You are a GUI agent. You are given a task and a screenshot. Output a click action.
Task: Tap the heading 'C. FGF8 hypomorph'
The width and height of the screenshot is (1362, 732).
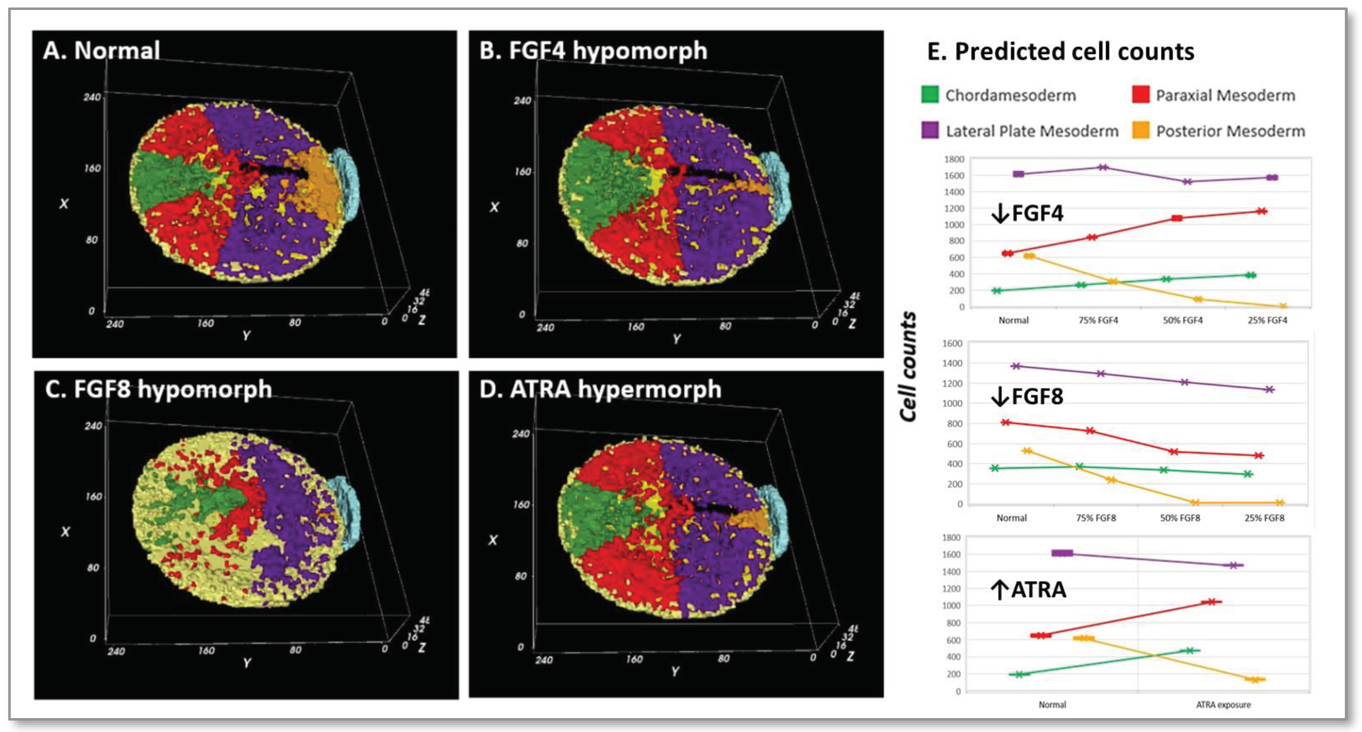pos(158,389)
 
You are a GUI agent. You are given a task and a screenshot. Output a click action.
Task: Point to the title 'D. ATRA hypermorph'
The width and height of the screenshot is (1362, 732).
pos(600,389)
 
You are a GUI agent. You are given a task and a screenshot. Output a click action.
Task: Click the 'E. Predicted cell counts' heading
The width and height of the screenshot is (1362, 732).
pos(1060,52)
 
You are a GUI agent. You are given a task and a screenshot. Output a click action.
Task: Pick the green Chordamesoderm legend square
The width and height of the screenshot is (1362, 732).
pos(930,95)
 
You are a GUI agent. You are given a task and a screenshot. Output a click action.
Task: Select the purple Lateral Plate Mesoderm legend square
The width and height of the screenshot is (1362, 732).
pos(930,130)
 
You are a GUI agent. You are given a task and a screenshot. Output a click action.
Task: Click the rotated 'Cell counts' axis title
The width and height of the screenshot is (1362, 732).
pos(908,366)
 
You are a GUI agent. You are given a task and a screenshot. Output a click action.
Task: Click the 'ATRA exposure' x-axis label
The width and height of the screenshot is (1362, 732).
pos(1223,705)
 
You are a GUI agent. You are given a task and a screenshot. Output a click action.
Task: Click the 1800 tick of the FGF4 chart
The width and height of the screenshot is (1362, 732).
pos(954,159)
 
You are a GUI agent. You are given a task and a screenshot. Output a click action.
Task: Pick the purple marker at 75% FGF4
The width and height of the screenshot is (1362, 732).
pos(1103,167)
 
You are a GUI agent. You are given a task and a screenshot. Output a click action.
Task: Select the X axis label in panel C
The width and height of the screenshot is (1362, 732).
pos(65,532)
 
